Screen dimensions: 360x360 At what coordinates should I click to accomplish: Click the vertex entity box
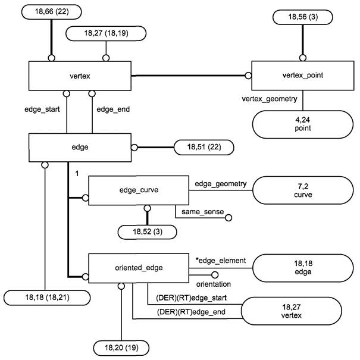pos(80,76)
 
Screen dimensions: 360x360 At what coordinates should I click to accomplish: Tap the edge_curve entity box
pos(132,190)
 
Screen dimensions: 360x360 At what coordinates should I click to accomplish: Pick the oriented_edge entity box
pos(132,268)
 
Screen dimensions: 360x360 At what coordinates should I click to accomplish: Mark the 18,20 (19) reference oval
pos(121,346)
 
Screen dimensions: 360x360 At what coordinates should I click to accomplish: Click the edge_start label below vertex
pos(43,109)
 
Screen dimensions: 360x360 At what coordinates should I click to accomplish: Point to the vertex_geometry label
pos(270,98)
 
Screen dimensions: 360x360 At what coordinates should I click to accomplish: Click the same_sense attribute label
pos(198,211)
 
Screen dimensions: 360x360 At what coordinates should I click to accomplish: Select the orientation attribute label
pos(213,284)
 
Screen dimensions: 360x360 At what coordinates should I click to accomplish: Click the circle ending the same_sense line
pos(227,217)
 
